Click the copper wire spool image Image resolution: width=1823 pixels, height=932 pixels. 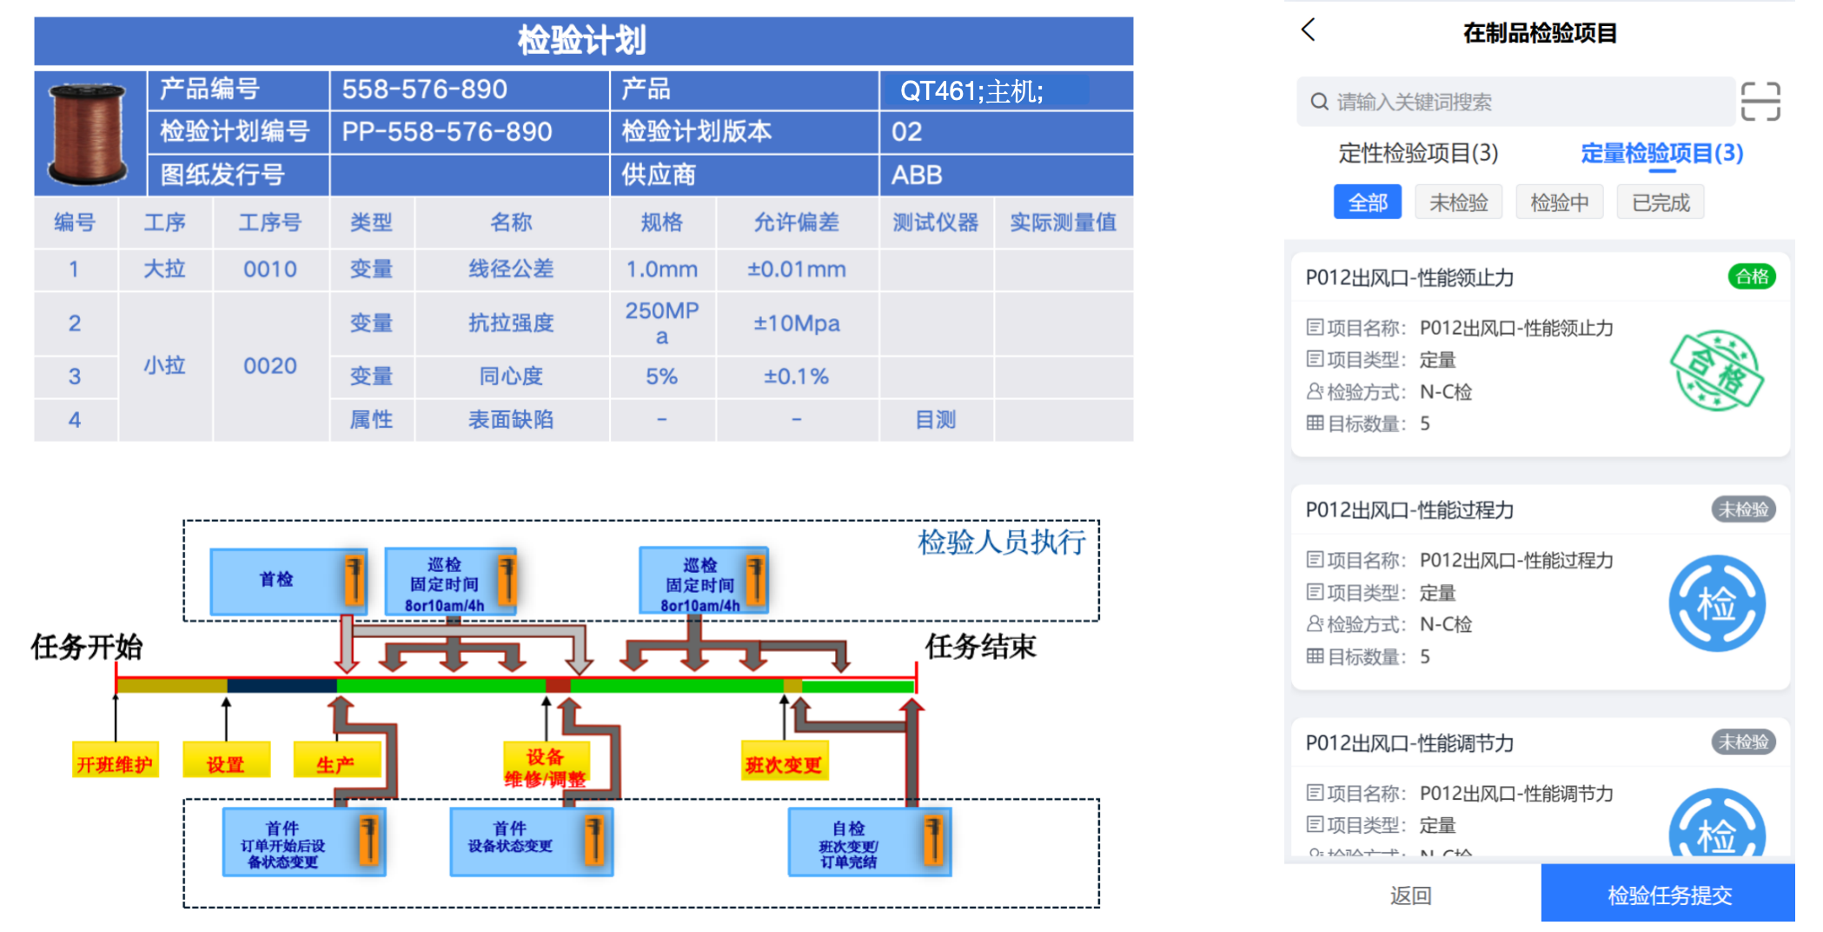click(88, 134)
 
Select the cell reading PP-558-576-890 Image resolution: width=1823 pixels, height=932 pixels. click(447, 132)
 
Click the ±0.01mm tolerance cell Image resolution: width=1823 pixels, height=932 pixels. click(796, 270)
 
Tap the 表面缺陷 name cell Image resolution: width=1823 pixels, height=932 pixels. click(511, 420)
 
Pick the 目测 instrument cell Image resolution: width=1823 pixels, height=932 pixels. click(935, 420)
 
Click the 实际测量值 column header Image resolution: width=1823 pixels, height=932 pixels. click(1063, 223)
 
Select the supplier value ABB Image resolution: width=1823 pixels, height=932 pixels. click(917, 175)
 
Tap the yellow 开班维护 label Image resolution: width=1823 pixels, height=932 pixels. click(115, 764)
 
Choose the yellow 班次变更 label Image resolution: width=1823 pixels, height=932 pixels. click(784, 764)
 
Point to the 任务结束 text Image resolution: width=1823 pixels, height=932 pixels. click(980, 646)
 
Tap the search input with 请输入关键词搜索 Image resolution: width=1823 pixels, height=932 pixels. click(1512, 102)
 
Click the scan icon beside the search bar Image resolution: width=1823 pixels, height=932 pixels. click(1760, 102)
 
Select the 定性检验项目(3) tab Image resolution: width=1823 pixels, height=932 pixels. click(1418, 153)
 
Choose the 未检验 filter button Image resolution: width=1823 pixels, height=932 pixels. click(1458, 203)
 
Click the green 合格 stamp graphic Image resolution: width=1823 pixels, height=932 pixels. click(1716, 371)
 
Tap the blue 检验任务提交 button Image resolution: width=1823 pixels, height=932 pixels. click(1668, 895)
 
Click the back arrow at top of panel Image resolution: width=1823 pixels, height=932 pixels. click(1309, 30)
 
